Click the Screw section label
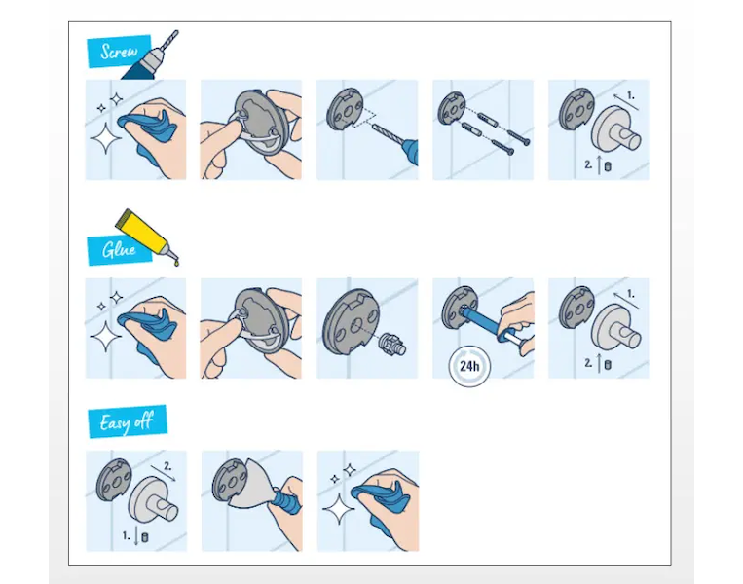pyautogui.click(x=120, y=52)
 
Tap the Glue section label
pyautogui.click(x=120, y=249)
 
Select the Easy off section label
pyautogui.click(x=127, y=421)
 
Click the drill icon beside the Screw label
pyautogui.click(x=151, y=56)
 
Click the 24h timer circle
pyautogui.click(x=469, y=366)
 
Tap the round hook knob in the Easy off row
pyautogui.click(x=153, y=499)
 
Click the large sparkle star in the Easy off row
pyautogui.click(x=338, y=509)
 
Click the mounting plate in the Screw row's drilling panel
pyautogui.click(x=345, y=111)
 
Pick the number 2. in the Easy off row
pyautogui.click(x=167, y=466)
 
